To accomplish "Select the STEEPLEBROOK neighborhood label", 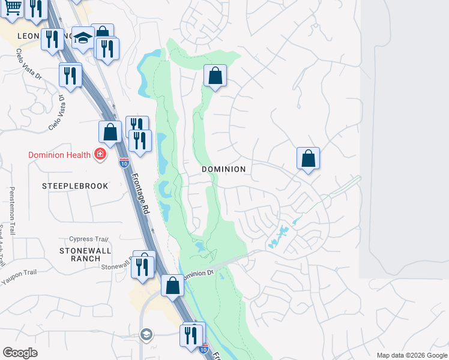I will pos(75,186).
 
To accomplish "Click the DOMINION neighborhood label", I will pos(223,169).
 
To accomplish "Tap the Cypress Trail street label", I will pos(88,239).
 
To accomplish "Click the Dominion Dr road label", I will pos(197,274).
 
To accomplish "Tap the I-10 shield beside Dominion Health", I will pos(124,162).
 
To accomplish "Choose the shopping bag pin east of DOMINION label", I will pos(308,159).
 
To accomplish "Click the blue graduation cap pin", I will pos(83,38).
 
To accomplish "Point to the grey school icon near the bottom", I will pos(145,334).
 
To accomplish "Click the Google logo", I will pos(20,353).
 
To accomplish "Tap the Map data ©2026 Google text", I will pos(411,355).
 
